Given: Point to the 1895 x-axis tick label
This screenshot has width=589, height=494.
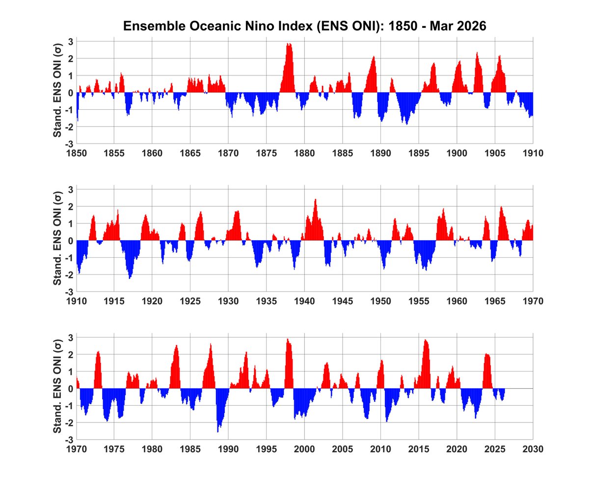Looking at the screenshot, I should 419,153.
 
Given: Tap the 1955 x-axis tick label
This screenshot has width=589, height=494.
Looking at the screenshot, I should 419,301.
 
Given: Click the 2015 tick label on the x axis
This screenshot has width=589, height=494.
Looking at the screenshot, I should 419,449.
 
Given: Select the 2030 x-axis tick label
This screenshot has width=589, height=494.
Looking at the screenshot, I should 533,449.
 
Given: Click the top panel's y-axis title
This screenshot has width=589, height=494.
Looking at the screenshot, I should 57,93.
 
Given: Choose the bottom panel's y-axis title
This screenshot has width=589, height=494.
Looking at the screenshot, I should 57,389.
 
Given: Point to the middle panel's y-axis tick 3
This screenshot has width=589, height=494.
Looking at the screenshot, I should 71,189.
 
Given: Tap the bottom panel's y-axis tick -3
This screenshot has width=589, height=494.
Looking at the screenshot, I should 69,440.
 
